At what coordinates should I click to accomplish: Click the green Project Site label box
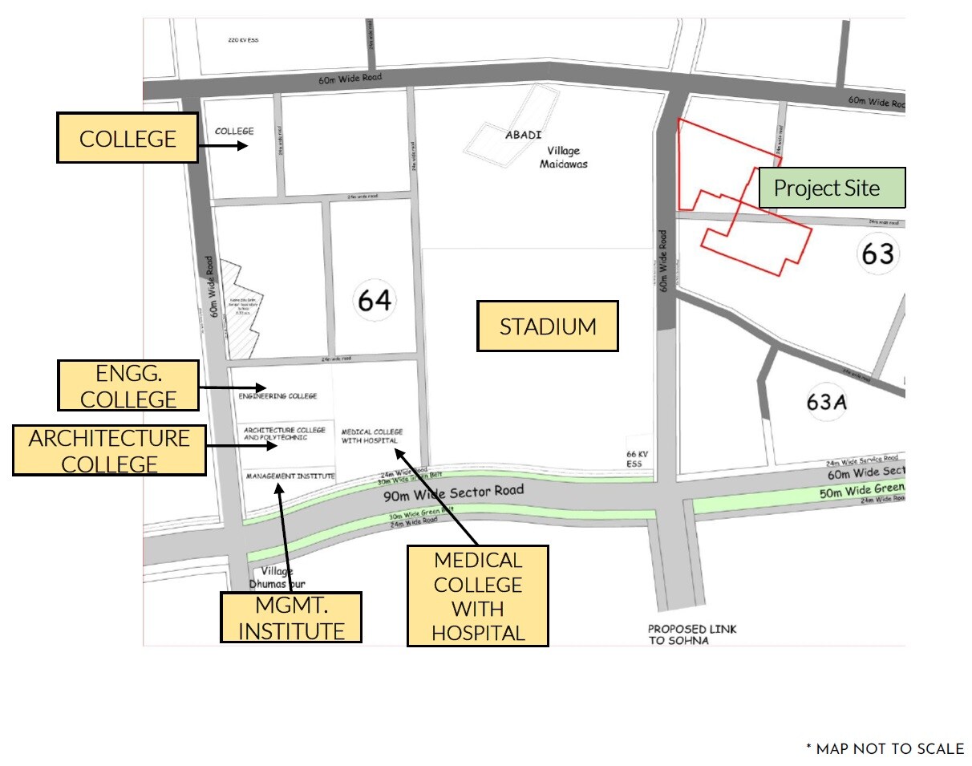point(832,188)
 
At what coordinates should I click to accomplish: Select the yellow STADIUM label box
point(548,326)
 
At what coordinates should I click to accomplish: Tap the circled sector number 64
point(375,300)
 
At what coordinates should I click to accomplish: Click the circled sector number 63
point(877,253)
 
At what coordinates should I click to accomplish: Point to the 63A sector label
point(827,402)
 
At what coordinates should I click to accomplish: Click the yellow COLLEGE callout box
point(128,138)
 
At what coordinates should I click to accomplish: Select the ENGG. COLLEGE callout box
point(128,385)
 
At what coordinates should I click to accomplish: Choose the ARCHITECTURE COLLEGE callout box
point(109,451)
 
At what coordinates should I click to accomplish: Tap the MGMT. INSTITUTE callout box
point(291,618)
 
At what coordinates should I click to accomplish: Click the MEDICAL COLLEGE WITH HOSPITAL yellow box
point(478,596)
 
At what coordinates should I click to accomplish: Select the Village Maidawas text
point(567,157)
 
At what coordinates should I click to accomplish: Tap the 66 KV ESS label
point(637,459)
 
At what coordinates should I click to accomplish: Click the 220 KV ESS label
point(243,40)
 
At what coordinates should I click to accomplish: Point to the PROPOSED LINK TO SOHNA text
point(691,634)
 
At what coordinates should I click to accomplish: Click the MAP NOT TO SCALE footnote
point(885,749)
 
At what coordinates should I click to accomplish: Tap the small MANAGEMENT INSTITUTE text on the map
point(290,476)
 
